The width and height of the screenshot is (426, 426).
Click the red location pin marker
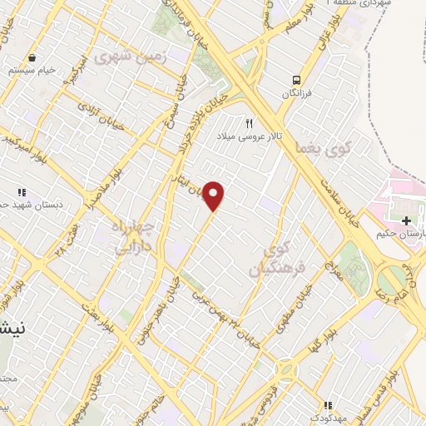[x=214, y=196]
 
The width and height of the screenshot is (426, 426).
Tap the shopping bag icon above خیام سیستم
[x=31, y=58]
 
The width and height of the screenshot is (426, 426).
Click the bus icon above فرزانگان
[x=295, y=80]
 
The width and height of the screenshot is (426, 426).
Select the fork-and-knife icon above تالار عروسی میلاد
[x=248, y=124]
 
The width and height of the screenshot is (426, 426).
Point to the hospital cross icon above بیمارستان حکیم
[x=405, y=220]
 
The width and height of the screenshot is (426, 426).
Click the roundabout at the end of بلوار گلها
[x=287, y=367]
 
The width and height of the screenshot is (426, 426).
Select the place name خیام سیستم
[x=33, y=71]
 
